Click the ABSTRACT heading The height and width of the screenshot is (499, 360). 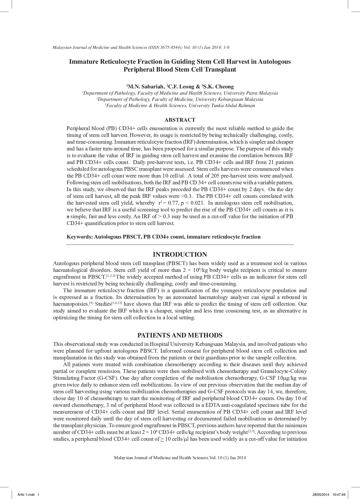(180, 120)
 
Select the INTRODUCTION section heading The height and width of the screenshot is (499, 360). (180, 255)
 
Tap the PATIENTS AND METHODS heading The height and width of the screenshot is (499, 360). (180, 335)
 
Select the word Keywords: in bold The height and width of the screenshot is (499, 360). (80, 237)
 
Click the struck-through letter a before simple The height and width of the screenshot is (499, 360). (68, 217)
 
